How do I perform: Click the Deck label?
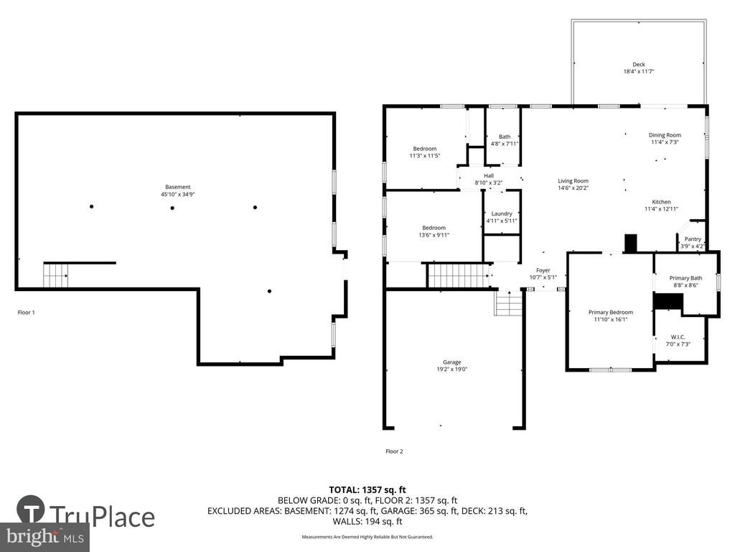(x=638, y=64)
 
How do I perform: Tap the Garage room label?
(x=451, y=362)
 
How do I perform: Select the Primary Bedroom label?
(x=610, y=312)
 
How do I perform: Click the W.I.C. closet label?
(x=678, y=337)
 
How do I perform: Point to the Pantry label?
(x=692, y=239)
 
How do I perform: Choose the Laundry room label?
(x=501, y=213)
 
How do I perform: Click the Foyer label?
(x=543, y=270)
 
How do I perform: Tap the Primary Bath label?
(x=685, y=278)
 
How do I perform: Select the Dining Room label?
(x=665, y=135)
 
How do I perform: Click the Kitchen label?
(x=661, y=202)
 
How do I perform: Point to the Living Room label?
(x=573, y=181)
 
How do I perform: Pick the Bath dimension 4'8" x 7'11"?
(x=505, y=144)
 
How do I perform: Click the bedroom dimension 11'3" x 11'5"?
(x=424, y=156)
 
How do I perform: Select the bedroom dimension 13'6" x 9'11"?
(x=433, y=235)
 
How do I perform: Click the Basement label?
(x=177, y=187)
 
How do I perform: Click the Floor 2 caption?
(x=394, y=451)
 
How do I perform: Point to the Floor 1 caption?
(x=26, y=313)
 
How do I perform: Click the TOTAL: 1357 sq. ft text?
(x=367, y=489)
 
